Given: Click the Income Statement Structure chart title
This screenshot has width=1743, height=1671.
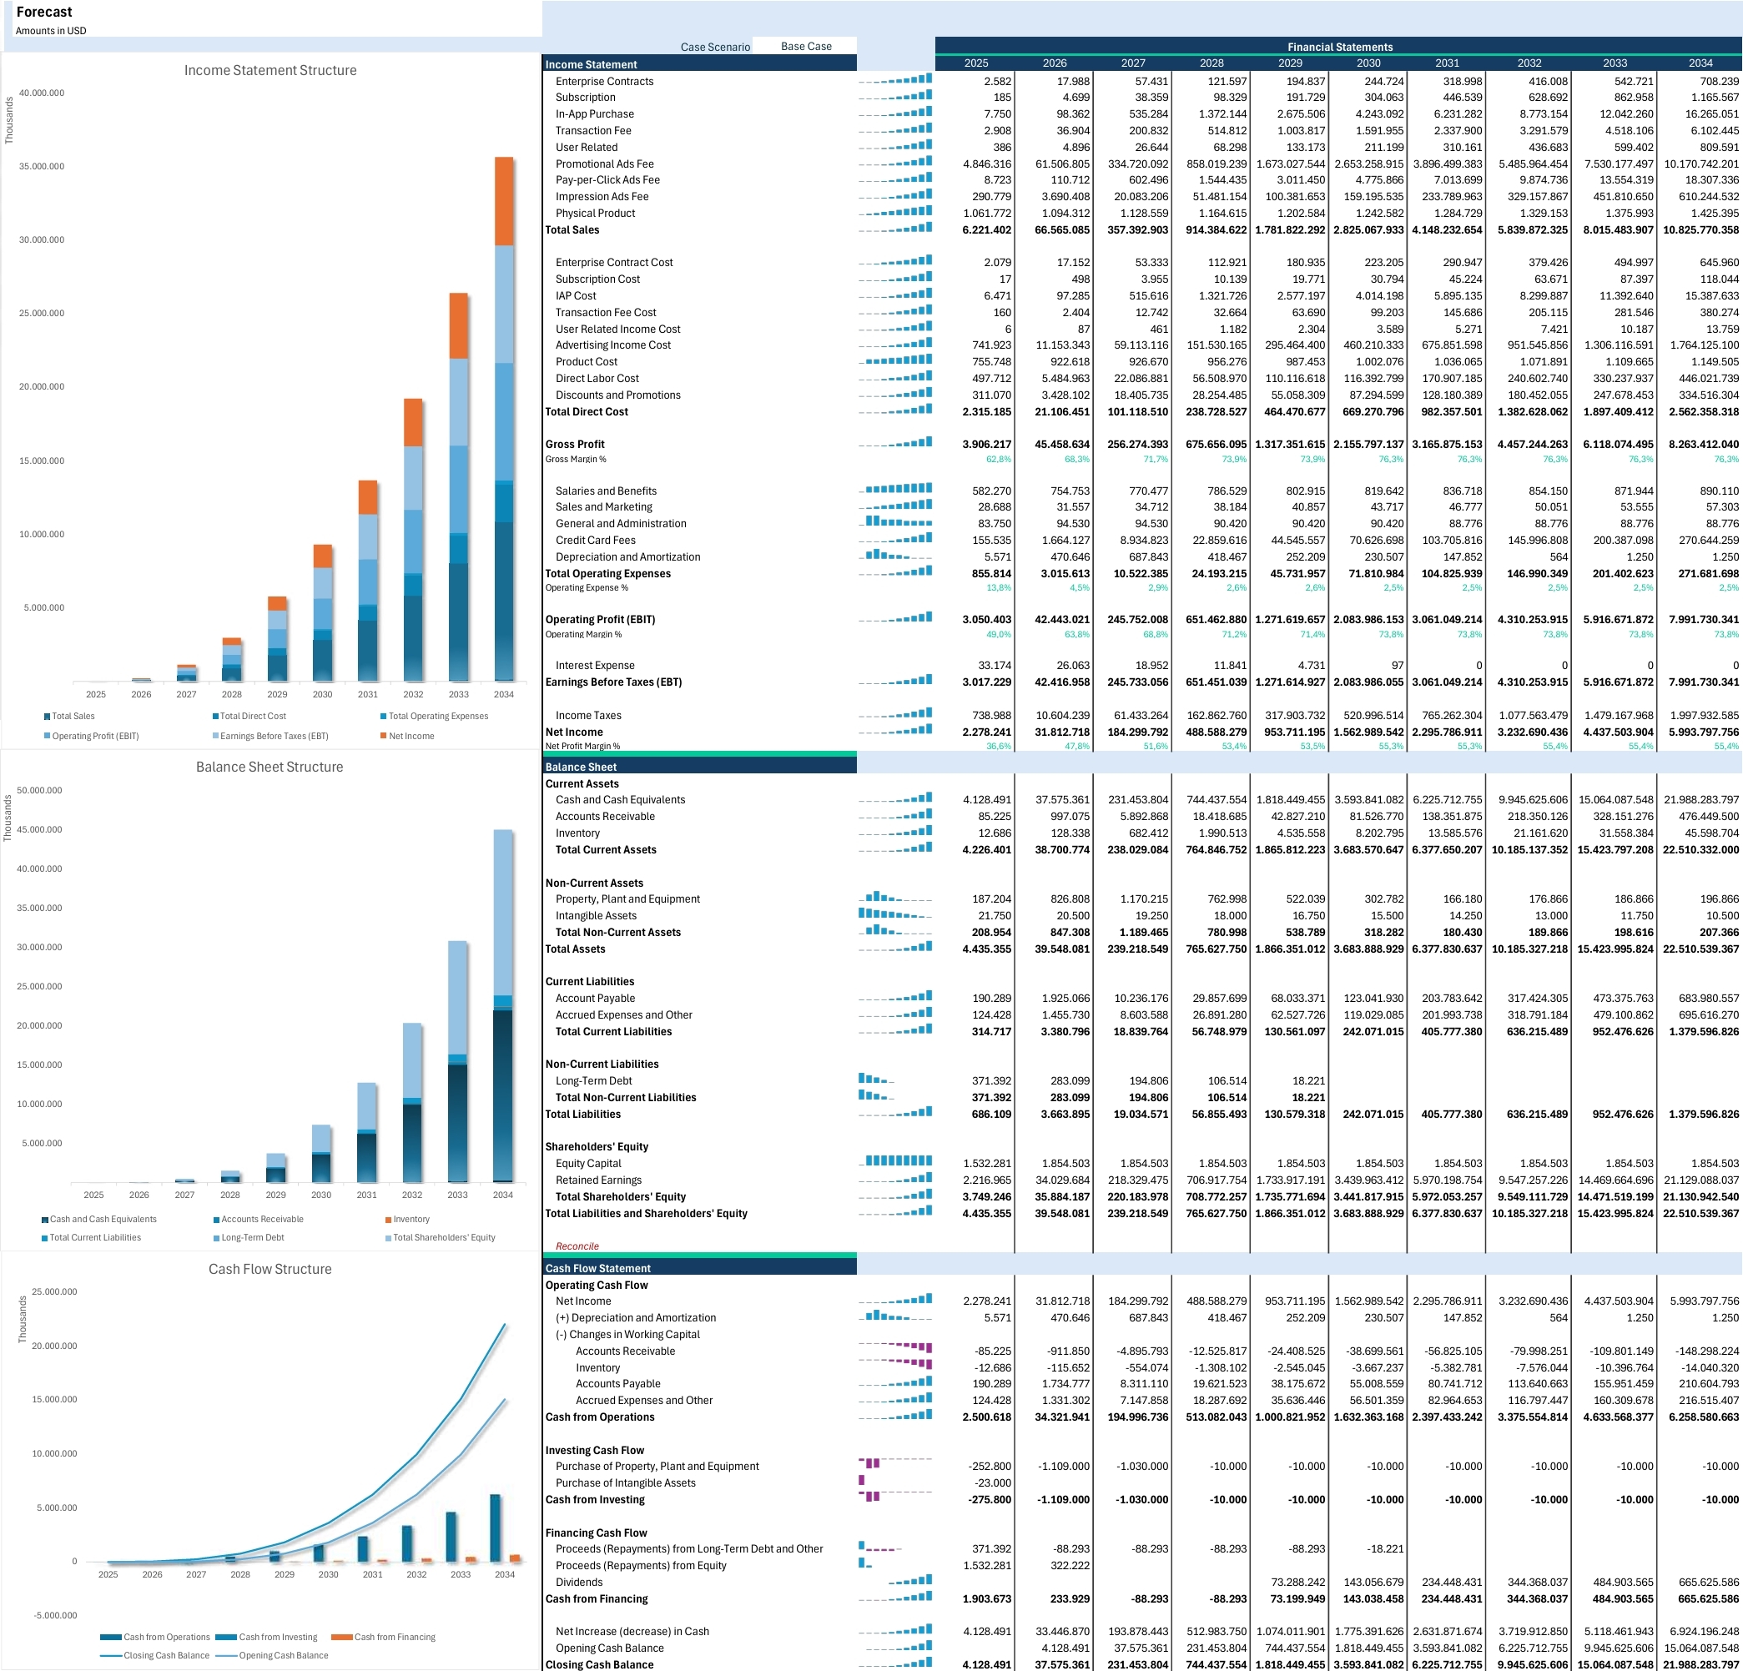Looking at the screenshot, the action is tap(270, 70).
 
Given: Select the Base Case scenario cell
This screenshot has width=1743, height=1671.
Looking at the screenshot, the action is tap(806, 46).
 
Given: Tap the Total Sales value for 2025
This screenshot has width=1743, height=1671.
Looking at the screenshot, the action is tap(986, 230).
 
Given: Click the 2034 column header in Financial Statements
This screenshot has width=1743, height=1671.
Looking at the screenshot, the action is tap(1700, 63).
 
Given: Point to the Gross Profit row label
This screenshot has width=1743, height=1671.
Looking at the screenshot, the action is tap(575, 445).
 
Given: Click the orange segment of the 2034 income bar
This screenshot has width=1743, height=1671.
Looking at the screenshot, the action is tap(503, 201).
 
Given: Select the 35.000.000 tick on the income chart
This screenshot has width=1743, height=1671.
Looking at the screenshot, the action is tap(42, 166).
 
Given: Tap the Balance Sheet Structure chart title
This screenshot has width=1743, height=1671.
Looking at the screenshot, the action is tap(270, 767).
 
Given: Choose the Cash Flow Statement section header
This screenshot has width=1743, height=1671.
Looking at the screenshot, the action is tap(597, 1268).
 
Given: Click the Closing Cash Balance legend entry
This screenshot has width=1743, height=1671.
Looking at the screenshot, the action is tap(156, 1656).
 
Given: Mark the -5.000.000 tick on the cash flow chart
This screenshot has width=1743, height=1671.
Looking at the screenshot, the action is tap(55, 1615).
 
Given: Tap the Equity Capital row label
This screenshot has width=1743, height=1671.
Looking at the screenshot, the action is tap(588, 1163).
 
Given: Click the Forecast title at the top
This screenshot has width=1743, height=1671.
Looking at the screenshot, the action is tap(44, 13).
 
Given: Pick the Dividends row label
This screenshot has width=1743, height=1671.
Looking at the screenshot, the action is tap(579, 1582).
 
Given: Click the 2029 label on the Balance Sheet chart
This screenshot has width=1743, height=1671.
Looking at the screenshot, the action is tap(275, 1195).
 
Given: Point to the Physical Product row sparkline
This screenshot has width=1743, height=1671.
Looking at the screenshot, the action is tap(895, 213).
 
